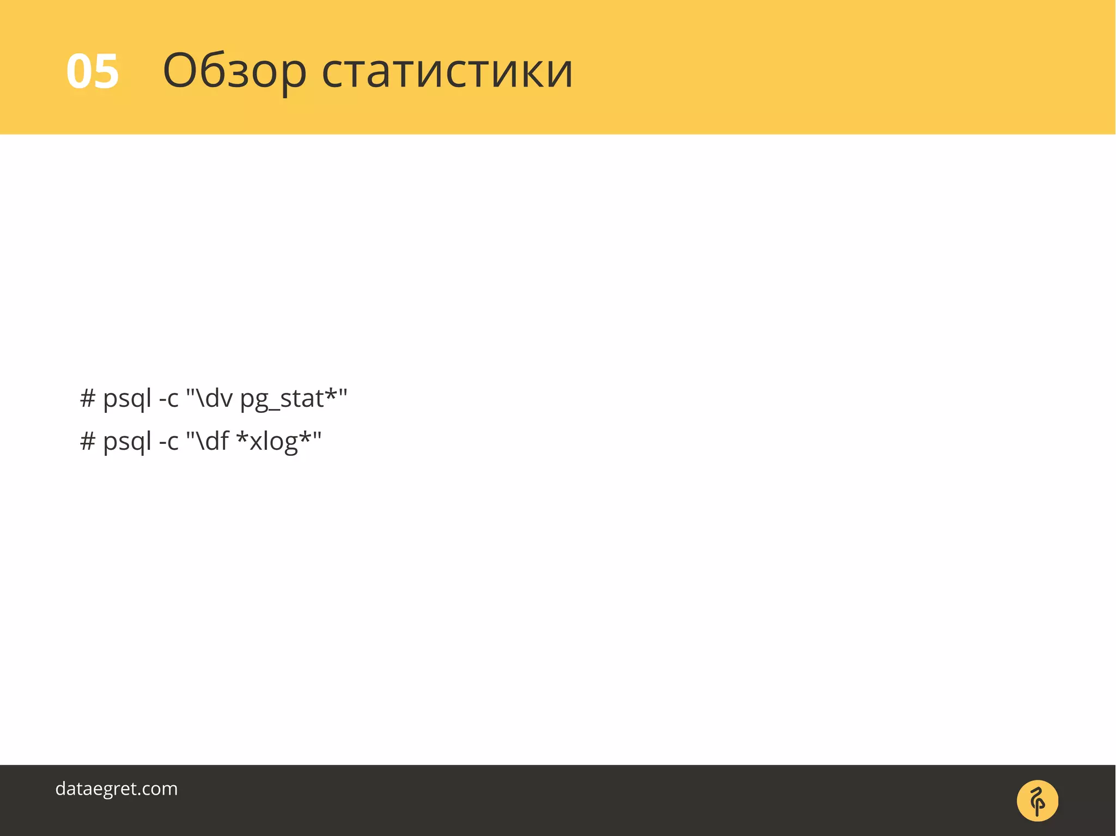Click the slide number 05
pyautogui.click(x=92, y=71)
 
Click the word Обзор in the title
pyautogui.click(x=234, y=71)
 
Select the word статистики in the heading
pyautogui.click(x=447, y=71)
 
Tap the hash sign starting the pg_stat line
pyautogui.click(x=87, y=398)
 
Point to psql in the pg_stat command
pyautogui.click(x=127, y=399)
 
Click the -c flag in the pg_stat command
pyautogui.click(x=168, y=399)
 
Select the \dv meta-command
pyautogui.click(x=214, y=398)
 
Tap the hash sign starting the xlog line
pyautogui.click(x=87, y=441)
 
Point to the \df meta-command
pyautogui.click(x=213, y=441)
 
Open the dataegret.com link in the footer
pyautogui.click(x=117, y=789)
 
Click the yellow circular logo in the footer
pyautogui.click(x=1038, y=801)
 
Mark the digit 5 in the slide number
pyautogui.click(x=106, y=71)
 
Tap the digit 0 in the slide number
pyautogui.click(x=79, y=71)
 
